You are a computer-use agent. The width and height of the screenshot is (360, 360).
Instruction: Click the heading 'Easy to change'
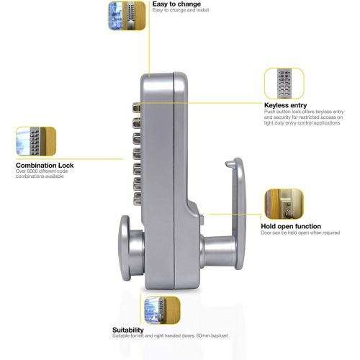click(176, 4)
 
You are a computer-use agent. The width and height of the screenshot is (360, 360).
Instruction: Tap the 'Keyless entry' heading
click(285, 105)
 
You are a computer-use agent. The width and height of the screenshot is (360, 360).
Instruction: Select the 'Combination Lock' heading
click(45, 165)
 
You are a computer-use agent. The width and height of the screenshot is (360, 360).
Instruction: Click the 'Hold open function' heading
click(291, 226)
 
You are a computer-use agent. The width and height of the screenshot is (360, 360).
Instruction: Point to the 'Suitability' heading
click(128, 330)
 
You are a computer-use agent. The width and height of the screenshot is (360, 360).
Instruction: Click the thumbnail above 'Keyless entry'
click(284, 84)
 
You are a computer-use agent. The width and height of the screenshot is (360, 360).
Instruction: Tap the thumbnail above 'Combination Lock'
click(36, 141)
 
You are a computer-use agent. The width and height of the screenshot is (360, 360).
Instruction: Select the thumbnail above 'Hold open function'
click(284, 204)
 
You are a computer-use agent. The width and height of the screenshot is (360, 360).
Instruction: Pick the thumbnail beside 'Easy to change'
click(127, 16)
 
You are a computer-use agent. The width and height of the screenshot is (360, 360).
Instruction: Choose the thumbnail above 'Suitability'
click(162, 310)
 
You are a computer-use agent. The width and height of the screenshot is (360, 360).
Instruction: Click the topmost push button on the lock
click(136, 107)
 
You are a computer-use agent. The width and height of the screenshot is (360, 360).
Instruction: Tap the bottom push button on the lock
click(138, 199)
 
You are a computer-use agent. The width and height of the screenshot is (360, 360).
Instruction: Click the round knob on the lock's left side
click(131, 248)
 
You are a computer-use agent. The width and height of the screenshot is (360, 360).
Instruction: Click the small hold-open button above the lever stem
click(202, 220)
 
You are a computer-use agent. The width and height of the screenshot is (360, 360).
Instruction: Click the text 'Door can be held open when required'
click(300, 233)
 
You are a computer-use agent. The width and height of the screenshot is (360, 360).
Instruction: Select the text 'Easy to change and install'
click(181, 10)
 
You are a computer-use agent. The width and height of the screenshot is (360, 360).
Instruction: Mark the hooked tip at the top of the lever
click(229, 164)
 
